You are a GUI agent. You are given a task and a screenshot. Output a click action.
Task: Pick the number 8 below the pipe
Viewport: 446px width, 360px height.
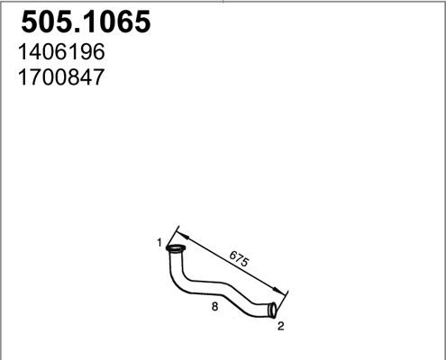pos(213,306)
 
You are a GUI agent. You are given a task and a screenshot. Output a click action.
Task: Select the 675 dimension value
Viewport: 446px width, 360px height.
pos(240,257)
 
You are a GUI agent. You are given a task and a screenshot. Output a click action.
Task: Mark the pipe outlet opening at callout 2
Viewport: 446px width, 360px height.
pos(274,311)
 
